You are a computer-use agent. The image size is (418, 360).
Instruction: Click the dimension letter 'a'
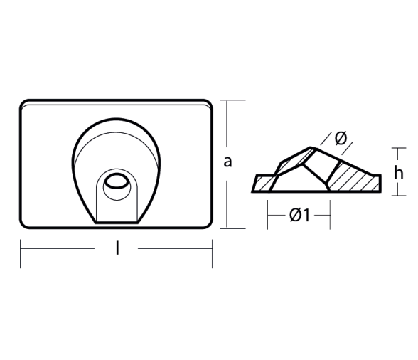pyautogui.click(x=227, y=162)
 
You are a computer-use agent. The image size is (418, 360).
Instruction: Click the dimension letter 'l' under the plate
pyautogui.click(x=117, y=248)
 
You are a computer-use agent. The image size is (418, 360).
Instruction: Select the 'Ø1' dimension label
pyautogui.click(x=300, y=215)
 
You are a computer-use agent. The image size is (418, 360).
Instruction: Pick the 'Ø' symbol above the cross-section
pyautogui.click(x=341, y=138)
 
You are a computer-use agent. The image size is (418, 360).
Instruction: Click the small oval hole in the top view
pyautogui.click(x=116, y=181)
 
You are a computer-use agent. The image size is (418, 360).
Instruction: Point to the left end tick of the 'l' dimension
pyautogui.click(x=21, y=253)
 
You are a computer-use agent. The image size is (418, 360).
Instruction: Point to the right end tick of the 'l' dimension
pyautogui.click(x=213, y=253)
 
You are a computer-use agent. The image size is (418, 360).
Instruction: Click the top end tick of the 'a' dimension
pyautogui.click(x=232, y=100)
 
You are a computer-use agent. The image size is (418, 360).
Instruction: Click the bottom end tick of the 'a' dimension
pyautogui.click(x=232, y=228)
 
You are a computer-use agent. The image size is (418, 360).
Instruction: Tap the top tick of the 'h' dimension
pyautogui.click(x=399, y=148)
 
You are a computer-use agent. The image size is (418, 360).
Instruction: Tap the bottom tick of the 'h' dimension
pyautogui.click(x=399, y=196)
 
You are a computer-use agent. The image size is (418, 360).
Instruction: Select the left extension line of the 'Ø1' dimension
pyautogui.click(x=267, y=215)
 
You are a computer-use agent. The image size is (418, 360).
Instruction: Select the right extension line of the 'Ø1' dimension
pyautogui.click(x=330, y=215)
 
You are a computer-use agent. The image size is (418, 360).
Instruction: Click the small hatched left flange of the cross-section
pyautogui.click(x=263, y=184)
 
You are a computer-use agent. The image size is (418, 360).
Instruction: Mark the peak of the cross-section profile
pyautogui.click(x=311, y=147)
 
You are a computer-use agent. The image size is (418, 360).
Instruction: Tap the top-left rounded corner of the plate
pyautogui.click(x=24, y=105)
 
